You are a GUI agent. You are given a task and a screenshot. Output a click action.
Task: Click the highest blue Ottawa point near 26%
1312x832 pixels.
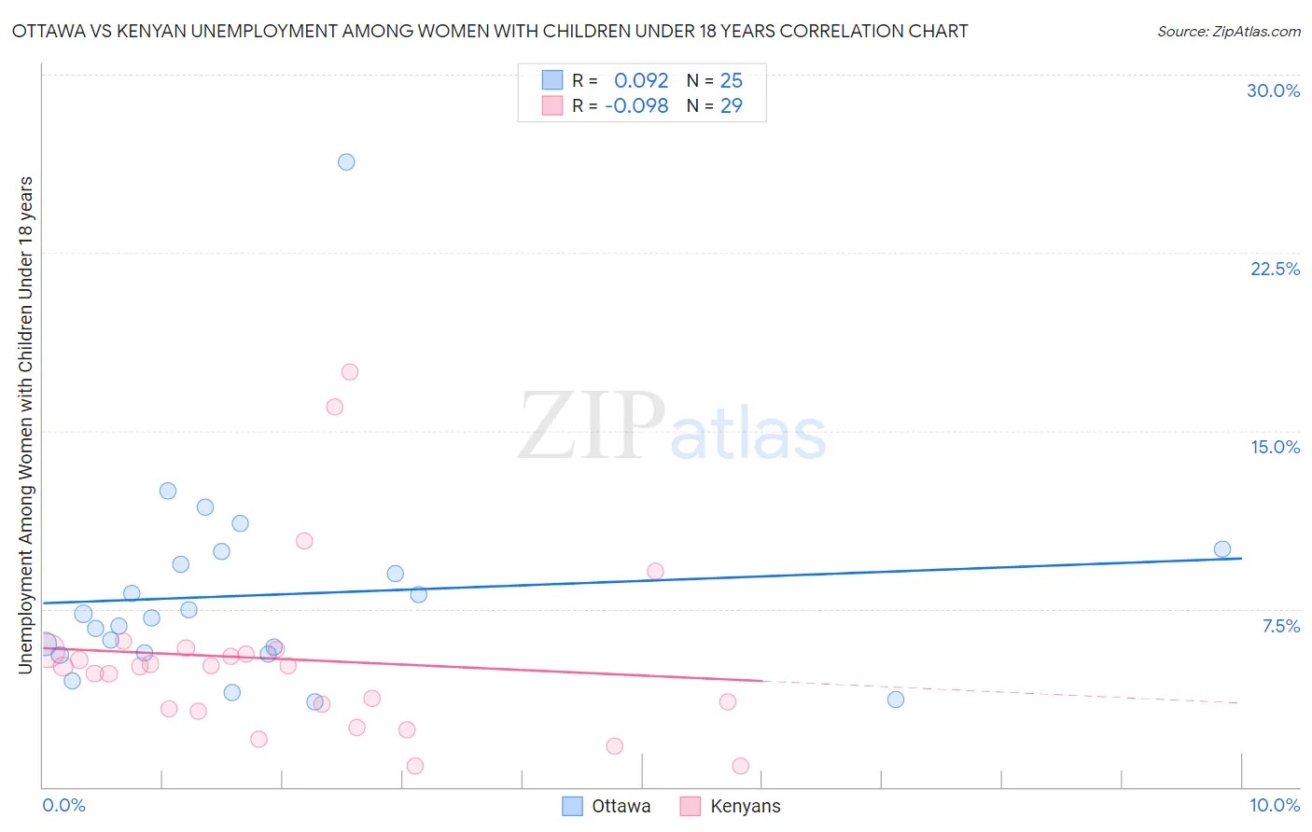click(346, 162)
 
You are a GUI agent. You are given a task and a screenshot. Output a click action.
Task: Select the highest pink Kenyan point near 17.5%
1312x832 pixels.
click(350, 372)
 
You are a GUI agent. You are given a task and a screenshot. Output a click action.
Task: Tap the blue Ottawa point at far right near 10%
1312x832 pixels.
click(1222, 549)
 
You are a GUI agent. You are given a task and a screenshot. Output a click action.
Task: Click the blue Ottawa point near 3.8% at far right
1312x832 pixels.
click(896, 700)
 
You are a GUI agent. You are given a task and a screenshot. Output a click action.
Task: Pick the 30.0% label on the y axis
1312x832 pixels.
click(1273, 90)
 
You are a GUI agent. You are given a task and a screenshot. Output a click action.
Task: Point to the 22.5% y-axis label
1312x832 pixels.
click(1275, 269)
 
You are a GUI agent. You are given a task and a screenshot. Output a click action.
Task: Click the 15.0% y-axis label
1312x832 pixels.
click(1275, 447)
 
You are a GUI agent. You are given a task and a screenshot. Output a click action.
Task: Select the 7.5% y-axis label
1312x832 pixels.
click(1280, 626)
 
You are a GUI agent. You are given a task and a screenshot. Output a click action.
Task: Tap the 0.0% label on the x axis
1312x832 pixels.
click(63, 805)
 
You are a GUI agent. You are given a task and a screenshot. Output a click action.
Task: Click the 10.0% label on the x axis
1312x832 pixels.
click(1274, 805)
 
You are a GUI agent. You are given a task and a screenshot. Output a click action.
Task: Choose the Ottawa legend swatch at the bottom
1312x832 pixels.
click(572, 806)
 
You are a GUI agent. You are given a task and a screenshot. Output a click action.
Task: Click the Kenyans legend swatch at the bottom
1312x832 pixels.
click(691, 806)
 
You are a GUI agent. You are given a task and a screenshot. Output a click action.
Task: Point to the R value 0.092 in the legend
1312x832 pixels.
click(641, 81)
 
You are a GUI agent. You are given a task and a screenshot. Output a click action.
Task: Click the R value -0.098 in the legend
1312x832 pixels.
click(636, 106)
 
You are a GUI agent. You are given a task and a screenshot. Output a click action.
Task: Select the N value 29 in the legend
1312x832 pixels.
click(732, 106)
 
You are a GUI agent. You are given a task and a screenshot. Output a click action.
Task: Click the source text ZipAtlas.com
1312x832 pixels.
click(1229, 32)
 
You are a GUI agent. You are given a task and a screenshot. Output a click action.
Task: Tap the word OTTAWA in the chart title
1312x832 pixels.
click(48, 32)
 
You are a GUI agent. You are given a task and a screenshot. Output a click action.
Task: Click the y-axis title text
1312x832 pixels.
click(25, 424)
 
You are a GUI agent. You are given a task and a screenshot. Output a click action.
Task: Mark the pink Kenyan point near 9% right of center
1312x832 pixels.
click(655, 572)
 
